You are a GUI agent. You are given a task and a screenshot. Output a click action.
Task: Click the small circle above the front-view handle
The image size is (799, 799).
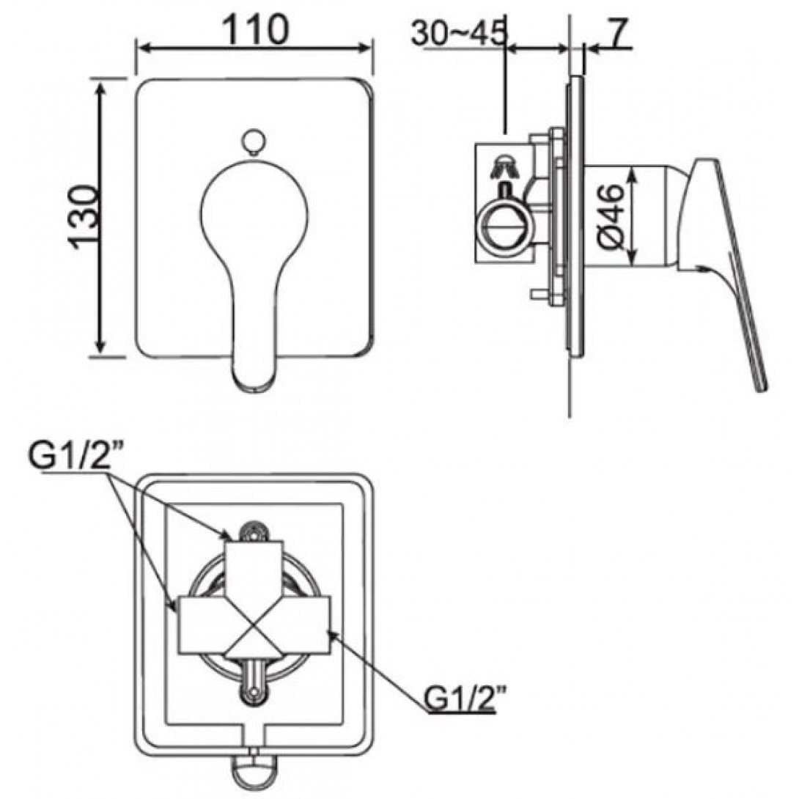(253, 140)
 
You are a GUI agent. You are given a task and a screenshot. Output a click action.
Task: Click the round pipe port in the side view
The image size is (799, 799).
(504, 226)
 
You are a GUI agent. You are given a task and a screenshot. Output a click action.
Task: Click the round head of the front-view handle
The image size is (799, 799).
(254, 209)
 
